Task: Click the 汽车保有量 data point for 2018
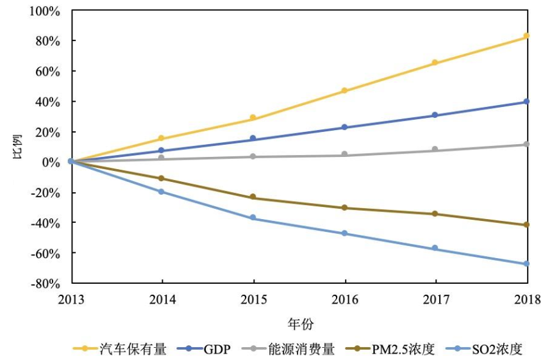(x=526, y=36)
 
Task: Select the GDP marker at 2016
(x=344, y=127)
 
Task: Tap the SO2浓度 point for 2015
(x=253, y=218)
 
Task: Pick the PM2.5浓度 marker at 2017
(x=435, y=214)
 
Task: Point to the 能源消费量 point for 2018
(x=526, y=145)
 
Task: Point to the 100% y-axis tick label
(x=44, y=11)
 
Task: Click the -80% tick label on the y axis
(x=45, y=283)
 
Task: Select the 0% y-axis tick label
(x=51, y=162)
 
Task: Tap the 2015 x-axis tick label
(x=253, y=298)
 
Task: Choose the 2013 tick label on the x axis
(x=72, y=298)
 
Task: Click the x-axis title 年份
(x=299, y=323)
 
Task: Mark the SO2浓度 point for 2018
(x=526, y=264)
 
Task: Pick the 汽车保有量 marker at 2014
(x=162, y=138)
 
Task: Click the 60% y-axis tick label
(x=47, y=72)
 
